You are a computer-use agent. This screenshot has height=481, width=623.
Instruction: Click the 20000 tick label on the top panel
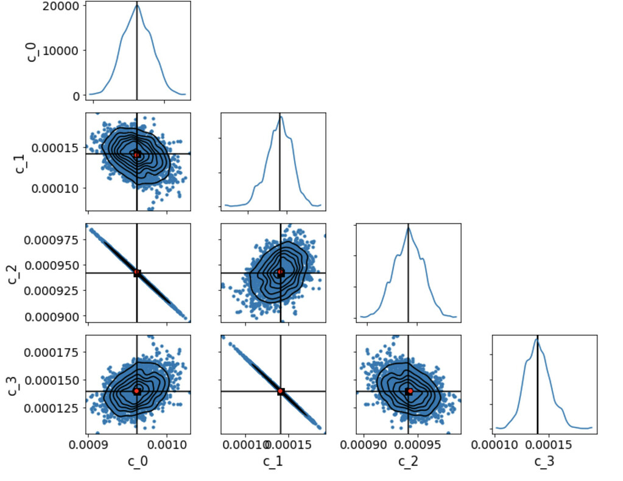pyautogui.click(x=62, y=6)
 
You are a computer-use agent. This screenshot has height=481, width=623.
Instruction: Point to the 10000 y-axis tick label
pyautogui.click(x=62, y=51)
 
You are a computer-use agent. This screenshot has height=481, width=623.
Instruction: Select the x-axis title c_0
pyautogui.click(x=138, y=462)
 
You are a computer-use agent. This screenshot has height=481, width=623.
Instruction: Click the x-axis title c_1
pyautogui.click(x=273, y=462)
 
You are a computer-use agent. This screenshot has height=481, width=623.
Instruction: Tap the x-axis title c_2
pyautogui.click(x=408, y=462)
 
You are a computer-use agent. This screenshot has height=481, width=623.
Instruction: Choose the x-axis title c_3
pyautogui.click(x=544, y=462)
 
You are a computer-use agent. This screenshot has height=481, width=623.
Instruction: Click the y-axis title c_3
pyautogui.click(x=13, y=385)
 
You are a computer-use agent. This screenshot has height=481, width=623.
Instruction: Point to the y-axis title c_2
pyautogui.click(x=13, y=273)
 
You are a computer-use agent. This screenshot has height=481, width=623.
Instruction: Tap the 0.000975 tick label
pyautogui.click(x=51, y=240)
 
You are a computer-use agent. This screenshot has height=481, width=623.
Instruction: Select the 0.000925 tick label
pyautogui.click(x=51, y=291)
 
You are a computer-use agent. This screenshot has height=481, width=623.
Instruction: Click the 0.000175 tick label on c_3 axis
pyautogui.click(x=51, y=352)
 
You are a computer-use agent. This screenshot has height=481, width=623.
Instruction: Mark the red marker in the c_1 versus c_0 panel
pyautogui.click(x=137, y=155)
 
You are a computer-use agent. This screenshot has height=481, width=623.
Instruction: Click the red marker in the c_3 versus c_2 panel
pyautogui.click(x=410, y=391)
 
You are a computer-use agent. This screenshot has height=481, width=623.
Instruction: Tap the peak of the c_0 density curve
pyautogui.click(x=137, y=5)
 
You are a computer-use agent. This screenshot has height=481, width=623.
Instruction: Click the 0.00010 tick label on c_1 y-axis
pyautogui.click(x=51, y=188)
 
